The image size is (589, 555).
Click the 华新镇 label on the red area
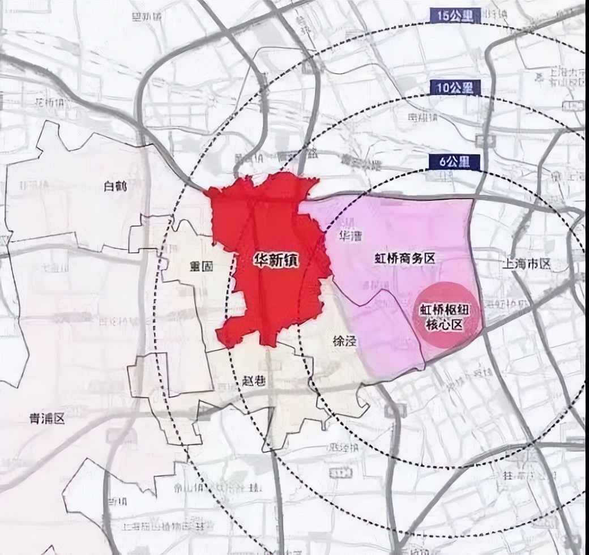[x=276, y=261]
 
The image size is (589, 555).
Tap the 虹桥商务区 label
[x=405, y=259]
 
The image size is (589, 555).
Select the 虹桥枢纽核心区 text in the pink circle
[x=448, y=318]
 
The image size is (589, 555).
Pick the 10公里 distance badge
[x=454, y=87]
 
